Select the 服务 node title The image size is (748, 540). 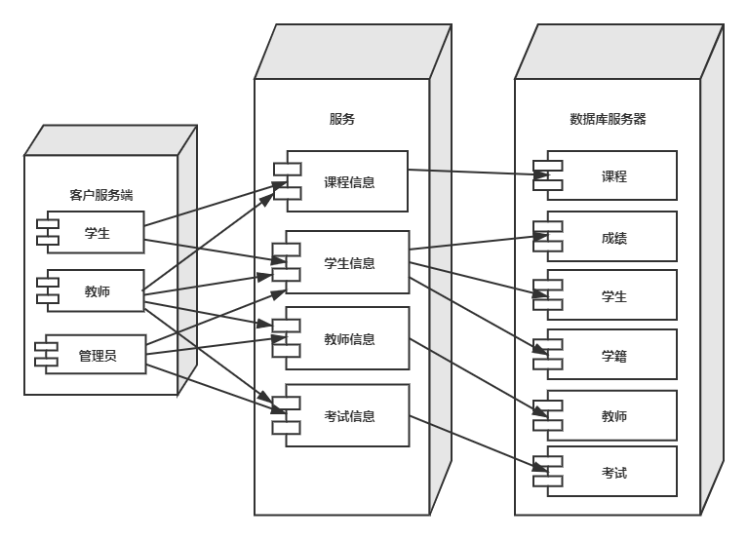341,120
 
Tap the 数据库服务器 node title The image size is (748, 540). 608,120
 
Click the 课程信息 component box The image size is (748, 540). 350,180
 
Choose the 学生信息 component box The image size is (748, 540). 350,262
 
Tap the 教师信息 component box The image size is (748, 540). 350,338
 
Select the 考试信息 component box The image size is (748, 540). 350,416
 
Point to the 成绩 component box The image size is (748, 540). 613,236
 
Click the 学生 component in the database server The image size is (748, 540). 613,296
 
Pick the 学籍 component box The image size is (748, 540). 613,356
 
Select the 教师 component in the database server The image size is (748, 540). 613,416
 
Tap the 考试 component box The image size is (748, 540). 613,474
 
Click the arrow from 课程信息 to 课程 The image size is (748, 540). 473,174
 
